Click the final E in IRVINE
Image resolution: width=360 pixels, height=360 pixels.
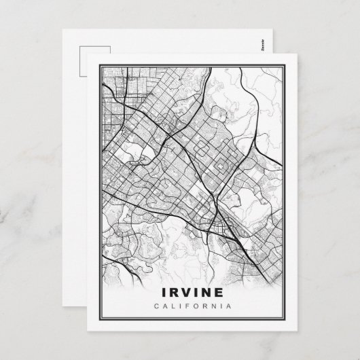[x=221, y=293]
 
